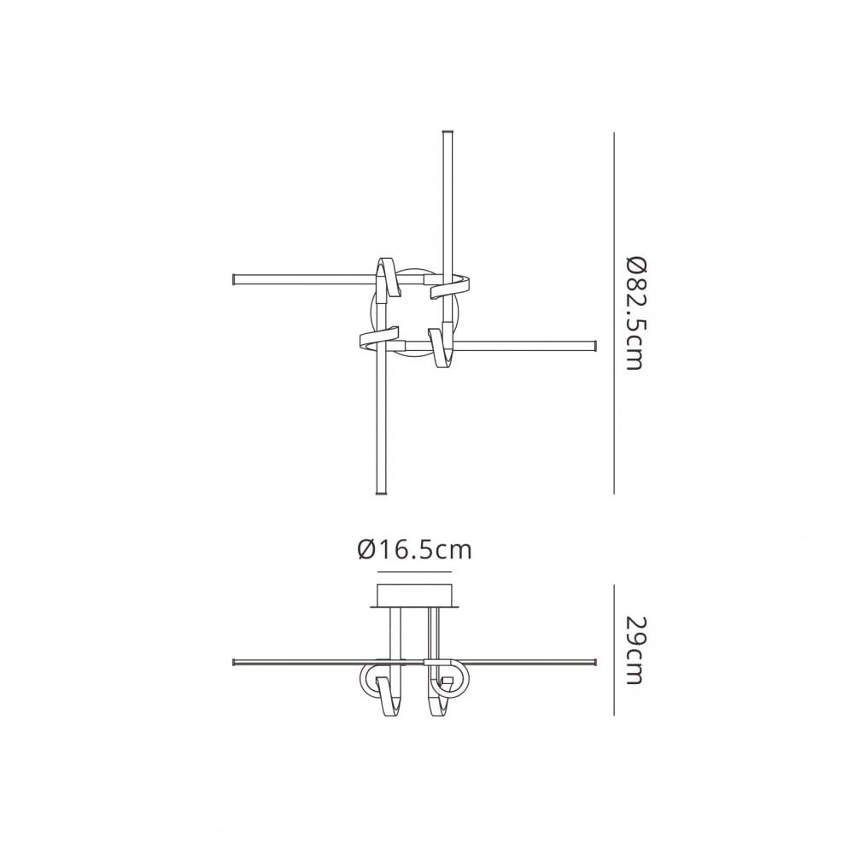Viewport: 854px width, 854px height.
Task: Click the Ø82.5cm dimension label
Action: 633,312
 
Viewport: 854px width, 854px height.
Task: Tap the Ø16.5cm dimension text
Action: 414,549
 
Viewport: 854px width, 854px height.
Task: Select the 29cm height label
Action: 633,650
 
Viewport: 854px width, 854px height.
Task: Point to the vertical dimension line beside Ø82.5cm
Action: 615,313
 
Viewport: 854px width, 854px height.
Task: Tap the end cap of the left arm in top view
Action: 236,278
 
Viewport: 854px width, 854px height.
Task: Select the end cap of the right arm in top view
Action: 592,345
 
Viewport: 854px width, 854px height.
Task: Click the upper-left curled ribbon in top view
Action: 386,278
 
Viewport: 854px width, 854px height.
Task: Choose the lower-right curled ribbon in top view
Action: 442,346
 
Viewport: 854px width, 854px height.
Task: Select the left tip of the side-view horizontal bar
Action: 236,662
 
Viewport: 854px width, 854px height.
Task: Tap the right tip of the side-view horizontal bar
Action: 593,662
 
